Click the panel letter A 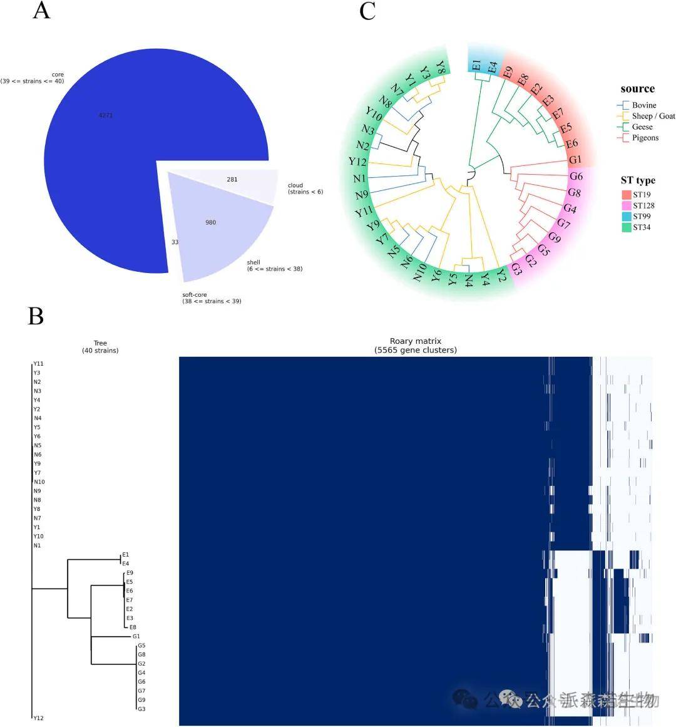click(x=41, y=11)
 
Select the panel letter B click(x=36, y=316)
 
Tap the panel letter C click(x=367, y=11)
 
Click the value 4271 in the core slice click(x=106, y=115)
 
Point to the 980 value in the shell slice click(x=211, y=222)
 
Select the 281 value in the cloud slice click(x=232, y=179)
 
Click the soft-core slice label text click(x=207, y=298)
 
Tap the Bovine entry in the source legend click(x=644, y=105)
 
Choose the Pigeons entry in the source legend click(x=645, y=138)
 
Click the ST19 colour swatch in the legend click(x=626, y=195)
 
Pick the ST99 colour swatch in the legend click(x=626, y=217)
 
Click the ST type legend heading click(x=638, y=180)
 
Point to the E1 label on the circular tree click(x=477, y=66)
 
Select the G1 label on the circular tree click(x=575, y=160)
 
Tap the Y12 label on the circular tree click(x=357, y=162)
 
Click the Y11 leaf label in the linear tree click(x=39, y=363)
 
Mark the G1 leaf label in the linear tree click(x=136, y=636)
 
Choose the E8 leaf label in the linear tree click(x=133, y=627)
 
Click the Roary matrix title click(x=415, y=346)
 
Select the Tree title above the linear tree click(x=100, y=347)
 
